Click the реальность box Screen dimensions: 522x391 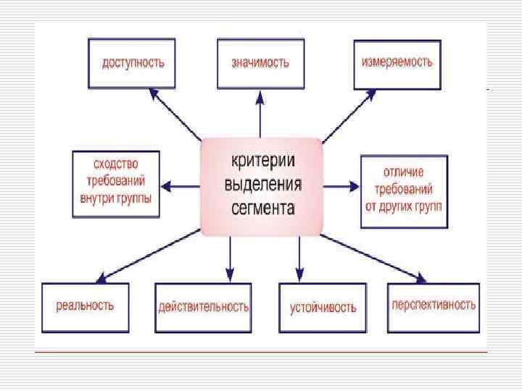(86, 305)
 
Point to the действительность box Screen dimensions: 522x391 (204, 307)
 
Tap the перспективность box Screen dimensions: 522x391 (434, 305)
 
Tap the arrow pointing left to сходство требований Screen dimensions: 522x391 (181, 186)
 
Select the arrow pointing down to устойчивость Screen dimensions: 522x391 (297, 257)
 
